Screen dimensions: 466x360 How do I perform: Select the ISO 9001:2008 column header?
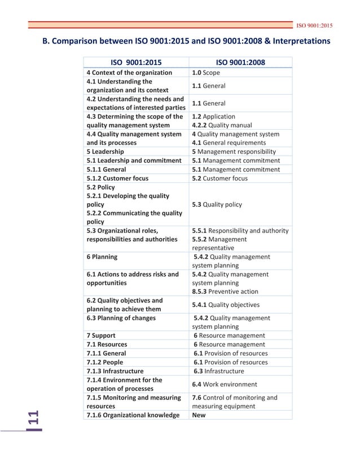[x=241, y=63]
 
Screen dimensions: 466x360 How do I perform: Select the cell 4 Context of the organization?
[x=129, y=73]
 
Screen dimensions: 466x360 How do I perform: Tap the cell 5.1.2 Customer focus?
[x=117, y=178]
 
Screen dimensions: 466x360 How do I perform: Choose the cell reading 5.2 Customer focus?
[x=219, y=178]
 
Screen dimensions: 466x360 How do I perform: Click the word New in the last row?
[x=199, y=415]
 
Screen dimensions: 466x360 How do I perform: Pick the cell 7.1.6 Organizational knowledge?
[x=133, y=415]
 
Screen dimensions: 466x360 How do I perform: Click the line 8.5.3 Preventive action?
[x=225, y=292]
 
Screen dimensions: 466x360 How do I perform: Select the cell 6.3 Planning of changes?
[x=121, y=318]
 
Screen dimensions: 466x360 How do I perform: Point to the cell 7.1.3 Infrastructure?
[x=115, y=371]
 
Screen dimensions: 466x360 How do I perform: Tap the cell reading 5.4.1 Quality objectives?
[x=226, y=305]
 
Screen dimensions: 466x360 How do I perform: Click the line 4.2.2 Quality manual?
[x=222, y=125]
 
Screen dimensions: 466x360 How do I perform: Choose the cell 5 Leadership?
[x=106, y=152]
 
